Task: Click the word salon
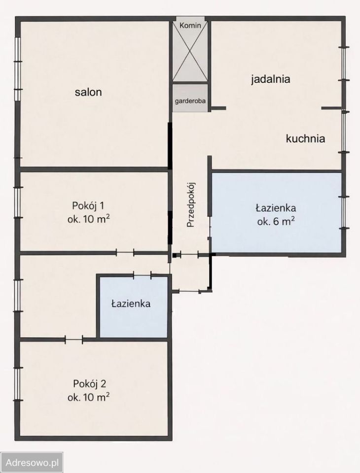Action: (x=88, y=92)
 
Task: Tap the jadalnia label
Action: (x=270, y=79)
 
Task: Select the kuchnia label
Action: (x=305, y=139)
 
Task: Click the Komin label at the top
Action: (x=190, y=26)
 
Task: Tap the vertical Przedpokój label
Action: (x=191, y=204)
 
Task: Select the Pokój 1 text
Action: (x=88, y=206)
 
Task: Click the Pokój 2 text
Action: (x=88, y=383)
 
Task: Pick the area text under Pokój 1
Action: (x=88, y=220)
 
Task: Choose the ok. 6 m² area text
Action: (x=276, y=221)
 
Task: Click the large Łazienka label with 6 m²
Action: (x=276, y=207)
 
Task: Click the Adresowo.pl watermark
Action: (x=32, y=463)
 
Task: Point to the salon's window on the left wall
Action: (x=18, y=69)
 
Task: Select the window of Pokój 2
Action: (x=18, y=384)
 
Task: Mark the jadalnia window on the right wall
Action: (x=344, y=64)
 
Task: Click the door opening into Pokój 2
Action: (x=74, y=339)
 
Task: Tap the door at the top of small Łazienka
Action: (x=143, y=275)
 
